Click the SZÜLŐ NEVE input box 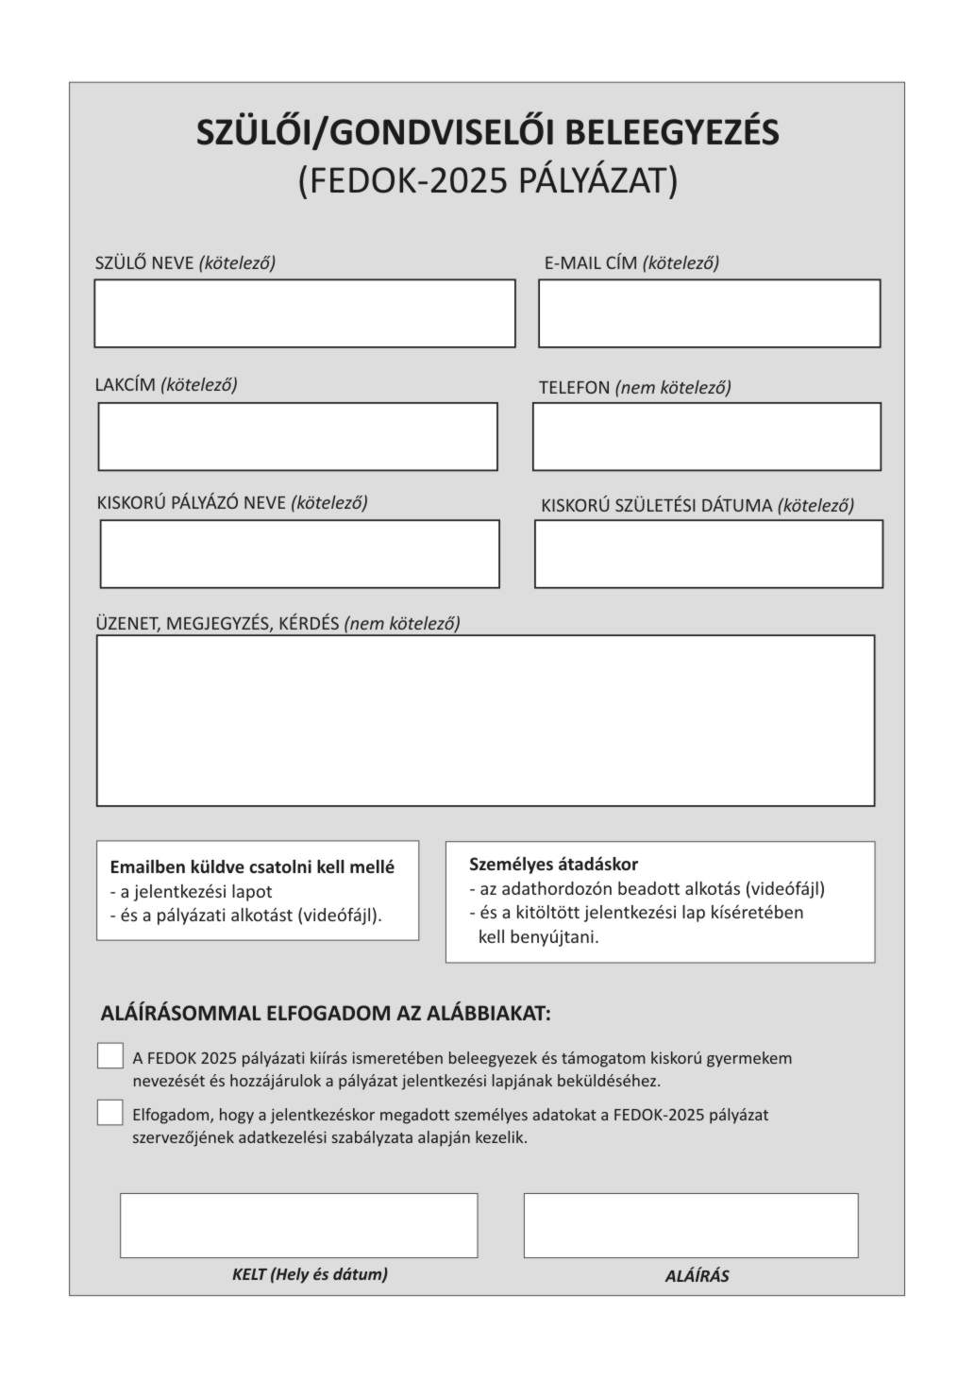(304, 313)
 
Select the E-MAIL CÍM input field (709, 313)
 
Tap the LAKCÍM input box (297, 436)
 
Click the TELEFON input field (706, 436)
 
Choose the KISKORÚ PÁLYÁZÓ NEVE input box (299, 553)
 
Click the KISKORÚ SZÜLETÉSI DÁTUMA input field (708, 553)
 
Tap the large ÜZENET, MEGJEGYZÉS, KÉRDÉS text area (485, 720)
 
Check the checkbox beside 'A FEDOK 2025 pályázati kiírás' (110, 1056)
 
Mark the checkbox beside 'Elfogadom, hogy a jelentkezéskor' (110, 1113)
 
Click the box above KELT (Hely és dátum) (298, 1225)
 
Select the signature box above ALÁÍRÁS (691, 1225)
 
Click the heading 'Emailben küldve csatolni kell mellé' (252, 866)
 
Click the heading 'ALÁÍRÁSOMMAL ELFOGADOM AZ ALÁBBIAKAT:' (326, 1014)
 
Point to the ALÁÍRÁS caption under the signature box (697, 1276)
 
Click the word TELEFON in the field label (574, 388)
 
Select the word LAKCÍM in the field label (125, 385)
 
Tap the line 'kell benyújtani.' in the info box (538, 937)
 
